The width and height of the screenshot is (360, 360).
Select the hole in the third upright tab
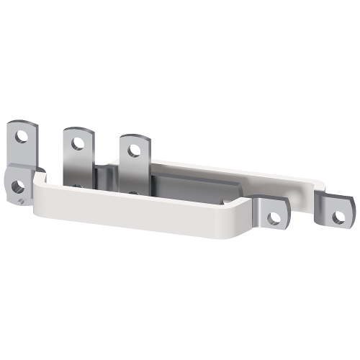tap(132, 150)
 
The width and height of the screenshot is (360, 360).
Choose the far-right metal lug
tap(337, 210)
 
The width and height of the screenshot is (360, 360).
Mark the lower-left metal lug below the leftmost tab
tap(17, 186)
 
